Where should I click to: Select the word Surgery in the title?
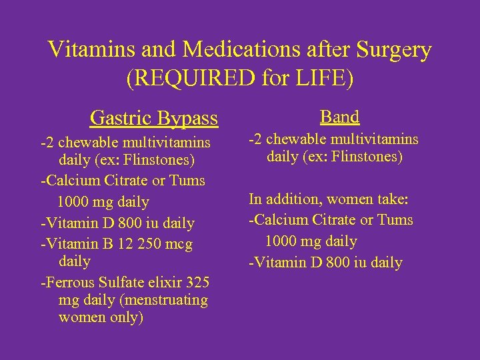coord(394,50)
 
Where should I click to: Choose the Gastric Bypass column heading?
coord(153,119)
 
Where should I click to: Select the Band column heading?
coord(339,117)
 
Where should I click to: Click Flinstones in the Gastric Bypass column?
coord(162,160)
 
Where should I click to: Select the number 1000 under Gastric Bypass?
coord(74,202)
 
